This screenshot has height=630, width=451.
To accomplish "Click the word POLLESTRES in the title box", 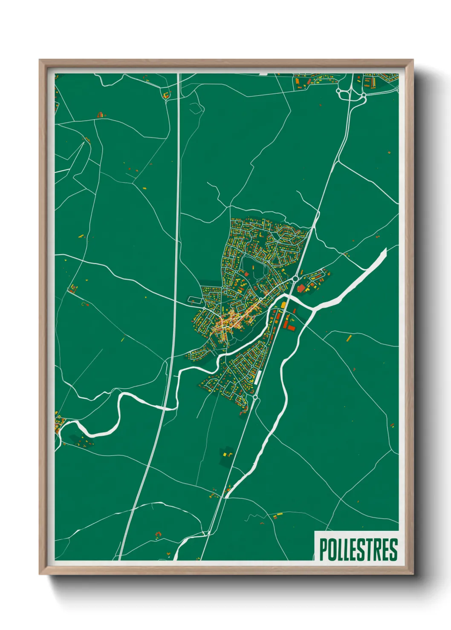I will (358, 550).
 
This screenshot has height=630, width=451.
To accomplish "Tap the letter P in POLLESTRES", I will (323, 550).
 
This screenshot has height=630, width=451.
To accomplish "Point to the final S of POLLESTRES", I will (393, 550).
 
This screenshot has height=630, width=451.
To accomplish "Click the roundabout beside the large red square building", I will (295, 279).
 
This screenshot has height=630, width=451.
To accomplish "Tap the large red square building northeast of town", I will (301, 289).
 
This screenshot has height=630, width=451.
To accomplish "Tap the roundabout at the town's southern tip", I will (255, 397).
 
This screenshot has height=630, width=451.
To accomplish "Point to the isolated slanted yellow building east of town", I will (349, 338).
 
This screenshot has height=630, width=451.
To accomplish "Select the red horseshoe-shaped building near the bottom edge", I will (159, 533).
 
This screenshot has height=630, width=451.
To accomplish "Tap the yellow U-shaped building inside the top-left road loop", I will (166, 94).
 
